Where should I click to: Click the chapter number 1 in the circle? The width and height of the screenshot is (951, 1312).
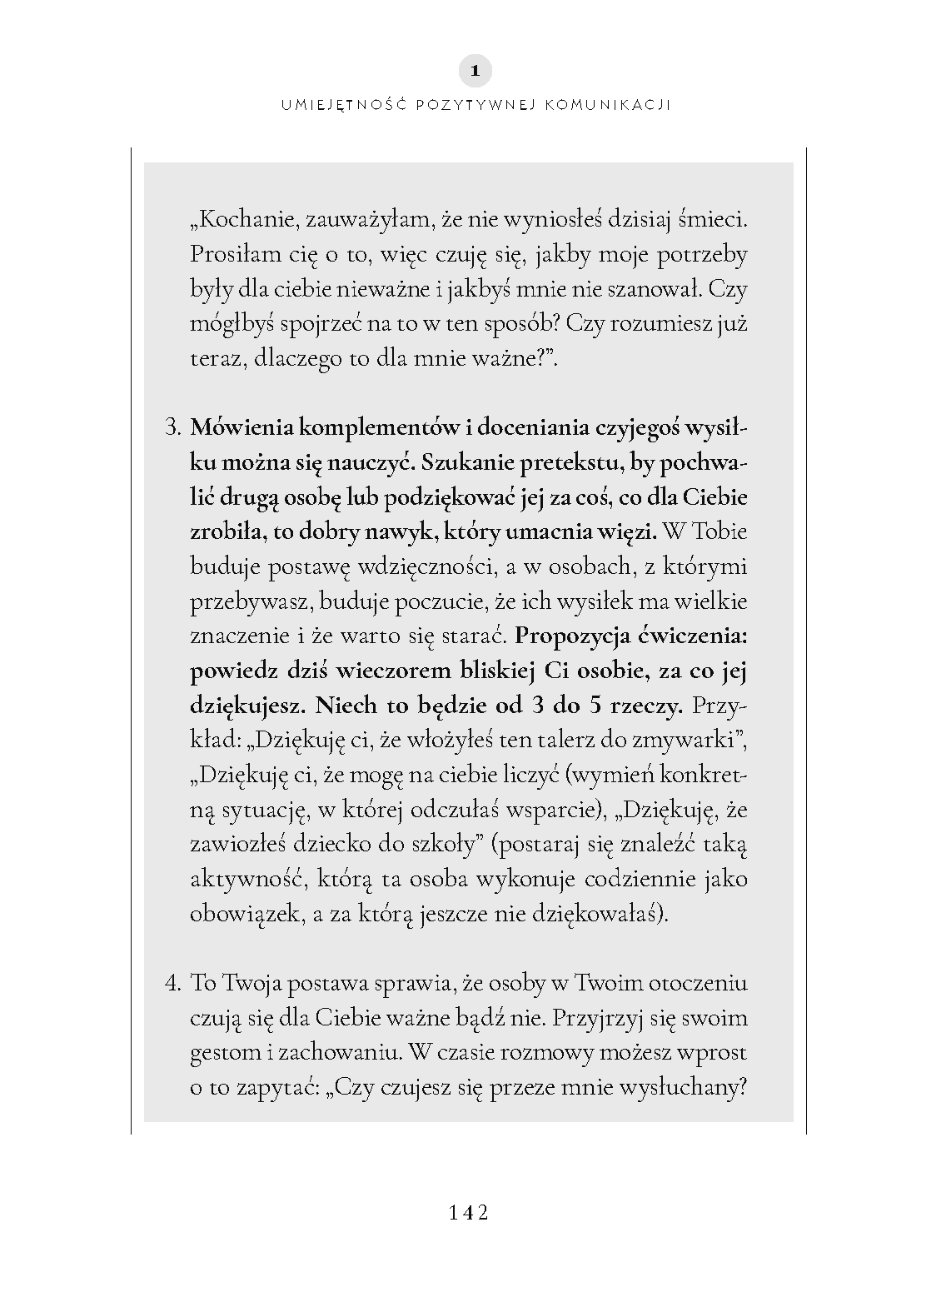pyautogui.click(x=475, y=72)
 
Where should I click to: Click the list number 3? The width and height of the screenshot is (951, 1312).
pyautogui.click(x=172, y=428)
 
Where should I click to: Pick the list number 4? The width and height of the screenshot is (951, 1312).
pyautogui.click(x=172, y=983)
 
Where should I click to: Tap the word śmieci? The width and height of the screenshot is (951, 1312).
pyautogui.click(x=714, y=220)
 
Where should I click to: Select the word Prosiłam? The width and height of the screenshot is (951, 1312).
pyautogui.click(x=230, y=254)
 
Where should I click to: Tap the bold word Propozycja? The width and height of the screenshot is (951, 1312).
pyautogui.click(x=572, y=636)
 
